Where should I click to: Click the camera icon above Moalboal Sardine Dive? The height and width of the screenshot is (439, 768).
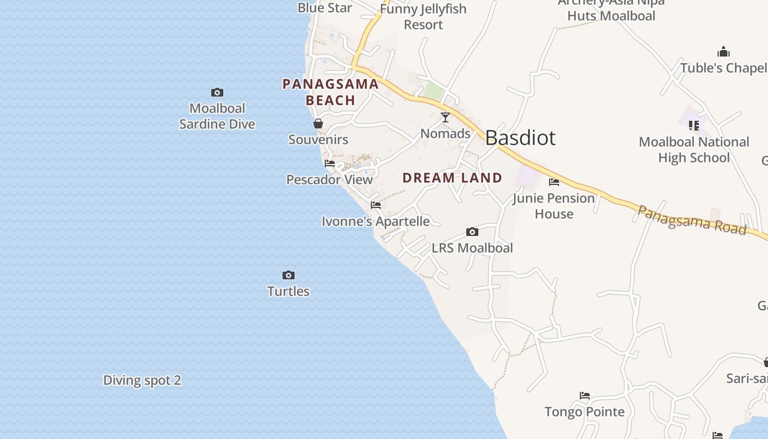tap(217, 92)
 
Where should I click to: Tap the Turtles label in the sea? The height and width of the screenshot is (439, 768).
tap(289, 291)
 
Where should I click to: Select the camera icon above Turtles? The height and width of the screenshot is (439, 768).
tap(289, 275)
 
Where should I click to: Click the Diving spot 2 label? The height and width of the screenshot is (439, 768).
tap(142, 380)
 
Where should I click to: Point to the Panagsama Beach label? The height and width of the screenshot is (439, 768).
tap(330, 92)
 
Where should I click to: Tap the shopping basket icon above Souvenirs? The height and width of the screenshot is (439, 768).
tap(318, 123)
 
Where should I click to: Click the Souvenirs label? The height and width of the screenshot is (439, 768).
tap(318, 139)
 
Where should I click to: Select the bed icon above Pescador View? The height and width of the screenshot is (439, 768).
tap(330, 164)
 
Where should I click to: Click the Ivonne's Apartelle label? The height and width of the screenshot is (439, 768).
tap(376, 221)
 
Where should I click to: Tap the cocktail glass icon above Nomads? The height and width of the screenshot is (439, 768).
tap(445, 117)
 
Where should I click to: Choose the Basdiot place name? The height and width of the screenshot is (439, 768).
tap(520, 138)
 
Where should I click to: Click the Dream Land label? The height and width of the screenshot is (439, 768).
tap(453, 178)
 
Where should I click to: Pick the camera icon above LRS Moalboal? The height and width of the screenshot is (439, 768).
tap(472, 232)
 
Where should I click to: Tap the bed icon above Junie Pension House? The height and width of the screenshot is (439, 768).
tap(554, 182)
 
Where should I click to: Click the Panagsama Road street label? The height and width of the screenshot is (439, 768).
tap(691, 220)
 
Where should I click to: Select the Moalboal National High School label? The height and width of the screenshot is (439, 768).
tap(694, 150)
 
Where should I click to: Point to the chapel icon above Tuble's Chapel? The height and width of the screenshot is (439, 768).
tap(724, 52)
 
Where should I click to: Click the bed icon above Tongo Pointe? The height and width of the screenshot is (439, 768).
tap(585, 396)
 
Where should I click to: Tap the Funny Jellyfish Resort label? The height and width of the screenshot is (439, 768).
tap(423, 16)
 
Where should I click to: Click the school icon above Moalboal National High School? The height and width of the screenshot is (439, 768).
tap(694, 126)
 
